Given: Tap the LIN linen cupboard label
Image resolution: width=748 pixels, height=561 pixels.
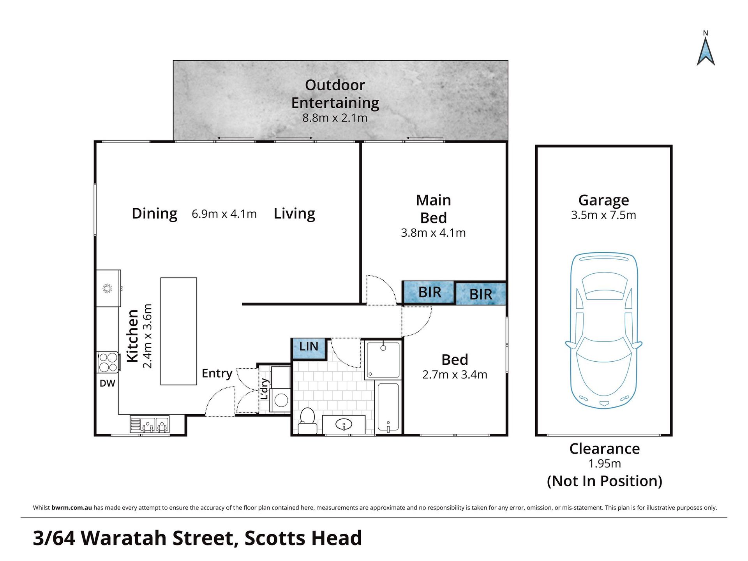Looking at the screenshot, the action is point(309,346).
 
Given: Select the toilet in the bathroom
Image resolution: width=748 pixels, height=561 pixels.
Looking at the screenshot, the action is point(307,420).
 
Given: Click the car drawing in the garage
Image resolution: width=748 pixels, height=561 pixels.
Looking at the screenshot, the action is point(604,331).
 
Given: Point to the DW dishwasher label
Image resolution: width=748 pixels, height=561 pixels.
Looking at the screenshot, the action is point(108,383).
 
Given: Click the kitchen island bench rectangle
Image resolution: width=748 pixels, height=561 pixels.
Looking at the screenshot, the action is point(179,331).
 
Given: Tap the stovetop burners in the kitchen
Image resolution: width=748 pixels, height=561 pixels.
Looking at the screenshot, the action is point(108,362).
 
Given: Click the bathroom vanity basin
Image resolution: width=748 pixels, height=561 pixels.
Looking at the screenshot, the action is point(344,424).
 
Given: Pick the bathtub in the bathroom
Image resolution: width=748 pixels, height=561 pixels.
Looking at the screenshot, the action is point(388,407).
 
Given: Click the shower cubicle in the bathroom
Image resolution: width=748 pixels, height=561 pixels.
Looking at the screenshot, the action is point(383,360).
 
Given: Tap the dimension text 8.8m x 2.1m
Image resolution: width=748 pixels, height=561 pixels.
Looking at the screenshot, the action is point(335,118).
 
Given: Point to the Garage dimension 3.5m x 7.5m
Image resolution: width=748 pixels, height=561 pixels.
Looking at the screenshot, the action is point(603,215).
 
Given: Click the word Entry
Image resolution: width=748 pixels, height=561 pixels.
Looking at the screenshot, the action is point(217,373).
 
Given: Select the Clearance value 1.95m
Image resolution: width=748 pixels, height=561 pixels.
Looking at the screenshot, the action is point(605,464).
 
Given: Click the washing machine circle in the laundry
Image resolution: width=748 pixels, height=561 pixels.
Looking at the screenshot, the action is point(281,400).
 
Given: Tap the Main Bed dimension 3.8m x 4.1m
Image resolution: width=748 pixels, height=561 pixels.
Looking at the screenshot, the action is point(433,233).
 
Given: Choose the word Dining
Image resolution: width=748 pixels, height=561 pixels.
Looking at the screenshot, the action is point(155,214).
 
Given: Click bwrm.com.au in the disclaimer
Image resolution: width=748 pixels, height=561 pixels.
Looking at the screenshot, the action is point(72,508).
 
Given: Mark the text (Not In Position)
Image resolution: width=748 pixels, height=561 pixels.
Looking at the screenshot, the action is point(605,481).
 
